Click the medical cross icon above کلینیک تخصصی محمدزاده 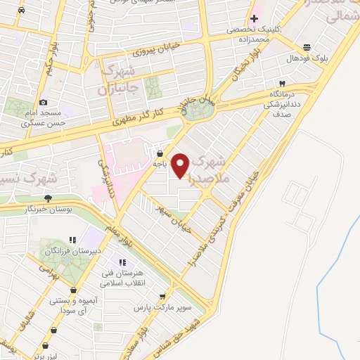pos(253,18)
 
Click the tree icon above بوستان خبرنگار pos(49,200)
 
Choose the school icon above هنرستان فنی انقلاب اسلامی pos(133,262)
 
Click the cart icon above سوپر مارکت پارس pos(164,297)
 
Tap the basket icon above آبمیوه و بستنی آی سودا pos(73,289)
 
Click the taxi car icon pos(22,11)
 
